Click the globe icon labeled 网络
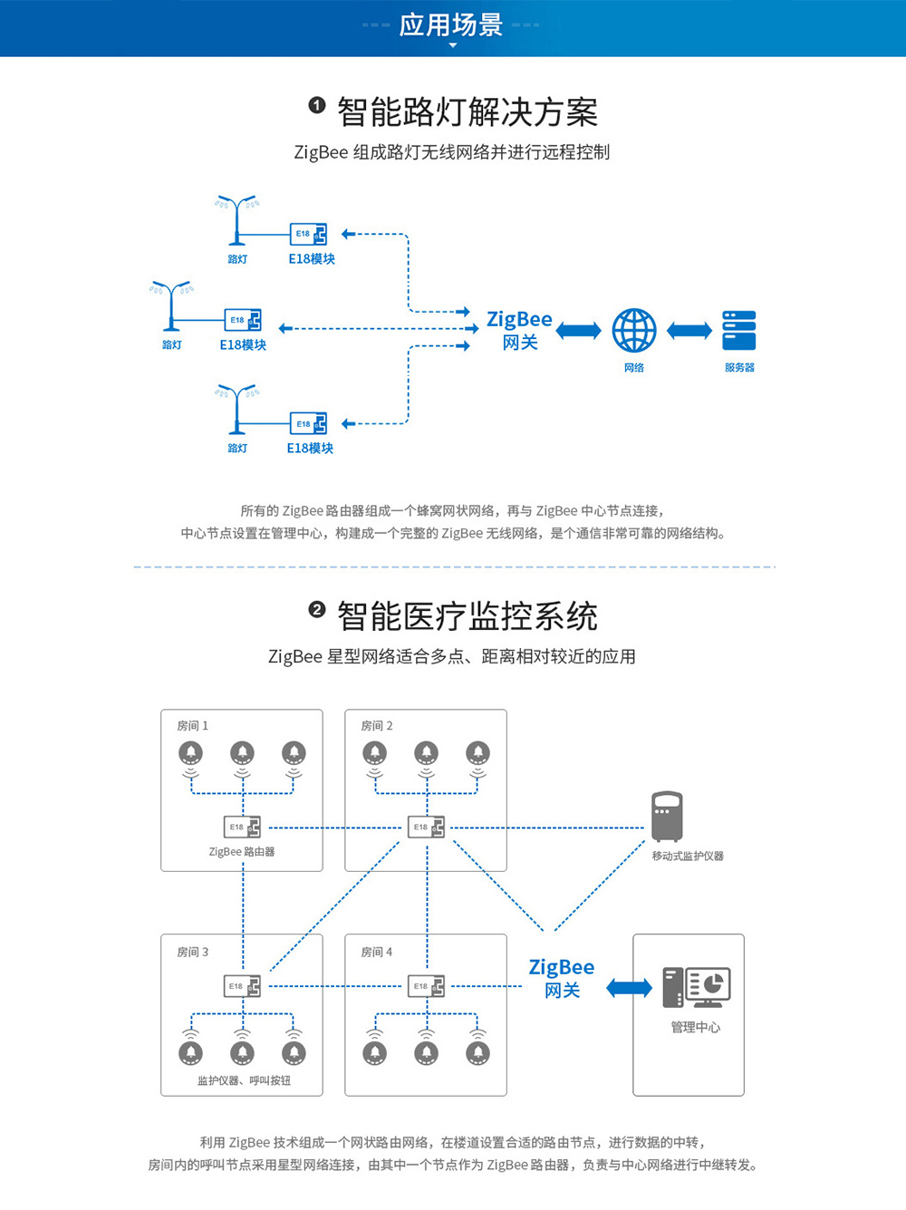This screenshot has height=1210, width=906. coord(634,331)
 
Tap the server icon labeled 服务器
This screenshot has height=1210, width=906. coord(739,331)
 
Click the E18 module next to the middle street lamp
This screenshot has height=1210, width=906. coord(243,320)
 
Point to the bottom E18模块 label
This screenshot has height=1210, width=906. coord(310,448)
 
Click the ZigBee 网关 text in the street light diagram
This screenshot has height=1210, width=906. coord(519,330)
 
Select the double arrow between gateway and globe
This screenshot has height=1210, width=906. coord(578,331)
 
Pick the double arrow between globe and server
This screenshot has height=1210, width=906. coord(689,331)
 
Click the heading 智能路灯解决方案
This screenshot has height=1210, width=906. coord(467,112)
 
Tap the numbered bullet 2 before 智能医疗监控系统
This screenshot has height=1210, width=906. coord(316,610)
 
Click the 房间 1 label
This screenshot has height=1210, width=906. coord(192,726)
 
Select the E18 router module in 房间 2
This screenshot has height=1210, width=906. coord(427,828)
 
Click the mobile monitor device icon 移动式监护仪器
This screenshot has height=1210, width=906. coord(667,817)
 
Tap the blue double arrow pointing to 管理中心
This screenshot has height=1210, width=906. coord(629,988)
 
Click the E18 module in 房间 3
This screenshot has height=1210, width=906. coord(243,986)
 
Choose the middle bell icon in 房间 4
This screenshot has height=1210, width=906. coord(427,1052)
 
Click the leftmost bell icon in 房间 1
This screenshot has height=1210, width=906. coord(190,753)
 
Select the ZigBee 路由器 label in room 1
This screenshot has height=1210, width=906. coord(241,852)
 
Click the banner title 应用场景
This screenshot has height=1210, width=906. coord(451,25)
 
